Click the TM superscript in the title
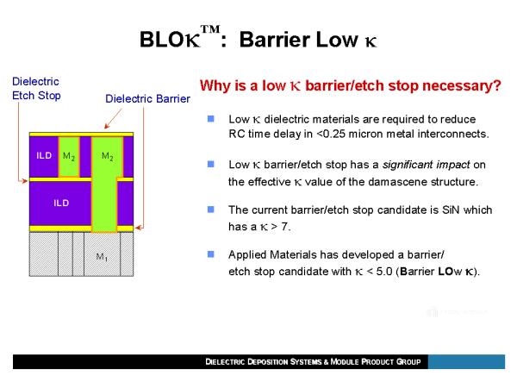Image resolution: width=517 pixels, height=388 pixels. (x=210, y=29)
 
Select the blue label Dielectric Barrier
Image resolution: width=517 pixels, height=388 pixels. (x=147, y=98)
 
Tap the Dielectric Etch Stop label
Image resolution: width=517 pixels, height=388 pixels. (x=36, y=89)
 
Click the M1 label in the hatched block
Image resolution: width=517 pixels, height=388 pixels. (x=102, y=256)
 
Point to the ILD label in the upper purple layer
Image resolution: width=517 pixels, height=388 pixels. (x=44, y=155)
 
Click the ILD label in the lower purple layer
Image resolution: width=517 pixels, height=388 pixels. (x=61, y=203)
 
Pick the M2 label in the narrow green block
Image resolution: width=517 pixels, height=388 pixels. (x=69, y=156)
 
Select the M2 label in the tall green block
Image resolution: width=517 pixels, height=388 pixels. (x=108, y=156)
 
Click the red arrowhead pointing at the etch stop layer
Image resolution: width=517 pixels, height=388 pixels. (x=24, y=180)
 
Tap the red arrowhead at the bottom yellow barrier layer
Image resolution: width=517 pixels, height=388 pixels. (x=139, y=228)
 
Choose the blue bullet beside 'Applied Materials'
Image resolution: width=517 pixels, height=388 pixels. (x=211, y=254)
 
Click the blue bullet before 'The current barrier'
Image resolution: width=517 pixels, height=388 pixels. (x=211, y=210)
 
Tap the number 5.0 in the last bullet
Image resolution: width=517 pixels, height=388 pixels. (x=383, y=272)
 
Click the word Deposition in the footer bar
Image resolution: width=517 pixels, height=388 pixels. (x=267, y=361)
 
